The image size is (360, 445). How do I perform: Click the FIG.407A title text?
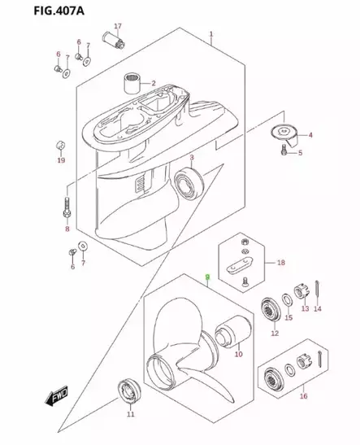click(59, 11)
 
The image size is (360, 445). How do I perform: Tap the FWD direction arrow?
click(56, 395)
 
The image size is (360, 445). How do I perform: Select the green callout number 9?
click(207, 277)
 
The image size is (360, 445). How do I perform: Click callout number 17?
click(118, 26)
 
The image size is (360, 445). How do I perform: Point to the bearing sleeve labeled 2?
click(132, 84)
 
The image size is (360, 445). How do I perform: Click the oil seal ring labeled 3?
click(189, 182)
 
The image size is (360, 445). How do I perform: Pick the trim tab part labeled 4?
click(284, 135)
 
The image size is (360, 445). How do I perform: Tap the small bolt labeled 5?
click(284, 150)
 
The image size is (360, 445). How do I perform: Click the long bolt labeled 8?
click(67, 208)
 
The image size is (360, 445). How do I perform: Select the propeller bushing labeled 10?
click(233, 331)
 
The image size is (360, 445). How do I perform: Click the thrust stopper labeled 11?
click(129, 390)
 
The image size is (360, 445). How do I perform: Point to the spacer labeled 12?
click(270, 310)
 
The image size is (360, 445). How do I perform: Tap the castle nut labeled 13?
click(301, 291)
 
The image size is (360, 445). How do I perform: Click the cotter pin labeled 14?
click(317, 291)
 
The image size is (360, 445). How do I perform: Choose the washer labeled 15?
click(287, 301)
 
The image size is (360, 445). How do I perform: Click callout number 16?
click(304, 395)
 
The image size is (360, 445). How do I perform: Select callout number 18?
click(281, 263)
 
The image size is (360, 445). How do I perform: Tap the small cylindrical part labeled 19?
click(61, 146)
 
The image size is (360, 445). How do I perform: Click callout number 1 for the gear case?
click(211, 34)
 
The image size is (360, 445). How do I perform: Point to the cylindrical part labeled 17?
click(114, 41)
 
